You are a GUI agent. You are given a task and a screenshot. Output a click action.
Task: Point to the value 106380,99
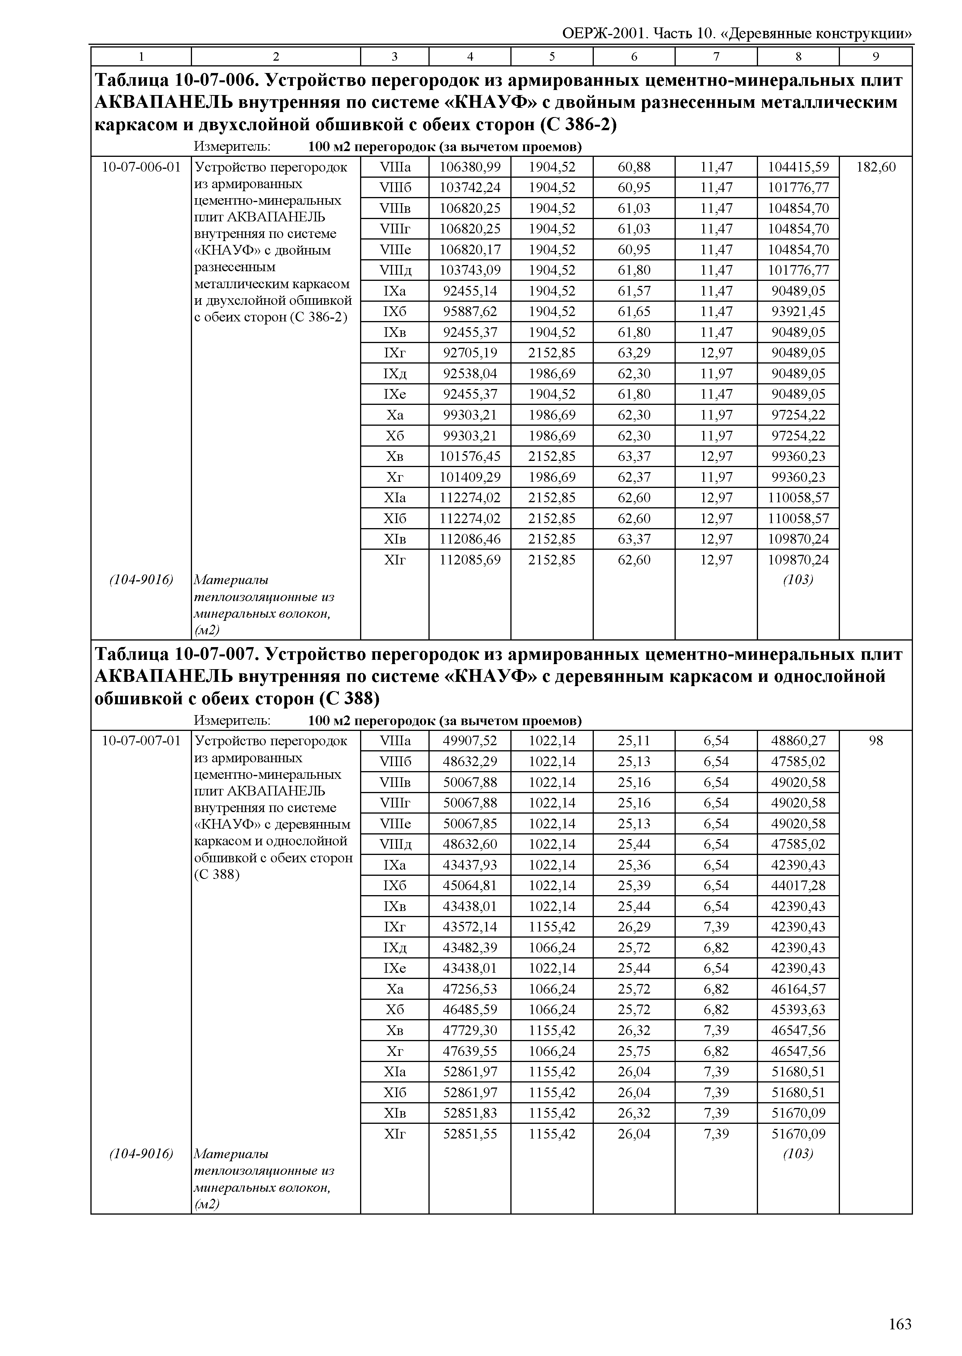click(470, 167)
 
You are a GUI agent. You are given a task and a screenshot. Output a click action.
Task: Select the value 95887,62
click(470, 312)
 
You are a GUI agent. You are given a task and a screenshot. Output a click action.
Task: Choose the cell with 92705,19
click(470, 353)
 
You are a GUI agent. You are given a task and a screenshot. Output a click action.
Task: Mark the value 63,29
click(634, 353)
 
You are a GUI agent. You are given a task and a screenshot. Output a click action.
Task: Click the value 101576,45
click(470, 456)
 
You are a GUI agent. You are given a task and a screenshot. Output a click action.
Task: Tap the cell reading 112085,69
click(470, 560)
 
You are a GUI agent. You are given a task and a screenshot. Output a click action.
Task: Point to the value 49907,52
click(470, 741)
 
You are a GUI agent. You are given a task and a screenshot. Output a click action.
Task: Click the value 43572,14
click(470, 927)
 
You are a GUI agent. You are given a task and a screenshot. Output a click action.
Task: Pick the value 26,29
click(634, 927)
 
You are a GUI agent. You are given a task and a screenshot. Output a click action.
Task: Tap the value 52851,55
click(470, 1134)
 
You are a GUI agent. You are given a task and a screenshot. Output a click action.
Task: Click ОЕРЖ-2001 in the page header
click(604, 33)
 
